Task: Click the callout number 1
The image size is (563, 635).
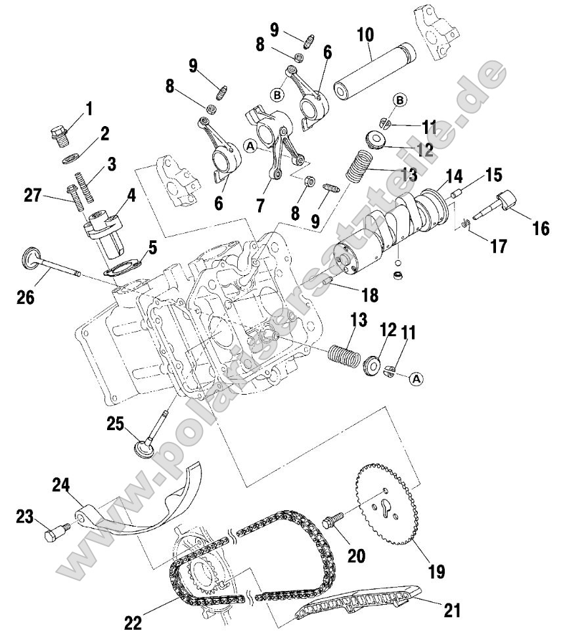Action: pos(89,107)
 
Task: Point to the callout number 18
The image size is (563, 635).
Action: pos(369,295)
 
